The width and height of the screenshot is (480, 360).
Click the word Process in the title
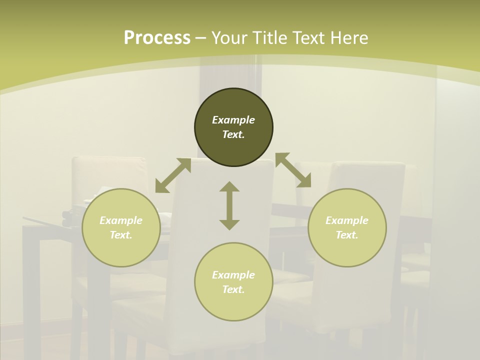[x=157, y=38]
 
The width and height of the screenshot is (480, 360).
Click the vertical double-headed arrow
[x=229, y=205]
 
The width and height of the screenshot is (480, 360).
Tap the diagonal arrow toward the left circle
[x=173, y=175]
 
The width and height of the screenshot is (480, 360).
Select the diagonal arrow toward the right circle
[x=293, y=170]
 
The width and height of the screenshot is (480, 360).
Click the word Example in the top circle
[x=233, y=120]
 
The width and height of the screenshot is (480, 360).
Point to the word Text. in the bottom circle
[x=233, y=289]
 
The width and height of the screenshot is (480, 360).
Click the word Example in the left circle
[x=121, y=220]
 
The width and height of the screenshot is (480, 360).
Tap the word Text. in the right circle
[x=347, y=235]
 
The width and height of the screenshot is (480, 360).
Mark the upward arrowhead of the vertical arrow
[x=229, y=187]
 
